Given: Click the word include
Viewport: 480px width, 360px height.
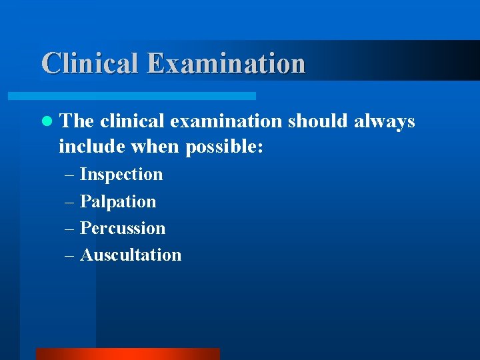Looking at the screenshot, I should [x=85, y=146].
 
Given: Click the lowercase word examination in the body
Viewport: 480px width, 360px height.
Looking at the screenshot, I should [x=226, y=121].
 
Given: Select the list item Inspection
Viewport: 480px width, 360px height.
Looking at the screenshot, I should [x=121, y=175].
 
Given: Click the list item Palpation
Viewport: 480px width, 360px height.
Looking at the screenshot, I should [x=118, y=201].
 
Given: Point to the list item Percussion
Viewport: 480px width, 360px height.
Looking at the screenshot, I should [x=123, y=228].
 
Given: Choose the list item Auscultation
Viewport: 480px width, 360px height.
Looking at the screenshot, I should [x=131, y=255].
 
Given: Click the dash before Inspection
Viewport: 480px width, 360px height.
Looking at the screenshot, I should [x=71, y=175].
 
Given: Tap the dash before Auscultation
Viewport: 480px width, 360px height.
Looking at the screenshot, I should [x=71, y=255].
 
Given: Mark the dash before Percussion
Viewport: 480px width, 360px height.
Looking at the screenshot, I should [x=71, y=229].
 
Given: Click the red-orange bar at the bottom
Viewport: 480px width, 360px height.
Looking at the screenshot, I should [x=127, y=353].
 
